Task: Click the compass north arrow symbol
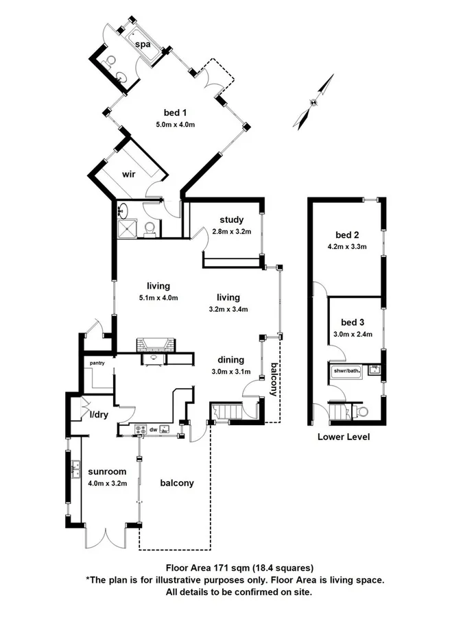313,103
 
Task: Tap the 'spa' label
143,45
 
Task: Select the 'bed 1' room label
176,112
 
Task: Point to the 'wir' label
128,174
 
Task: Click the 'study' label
231,220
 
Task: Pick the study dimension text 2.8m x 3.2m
231,232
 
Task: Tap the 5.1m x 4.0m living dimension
158,298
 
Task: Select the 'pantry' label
95,363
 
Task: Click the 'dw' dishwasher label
156,430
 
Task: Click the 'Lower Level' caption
344,437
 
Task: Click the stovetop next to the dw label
142,430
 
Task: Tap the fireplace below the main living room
152,346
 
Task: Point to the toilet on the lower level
361,411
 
